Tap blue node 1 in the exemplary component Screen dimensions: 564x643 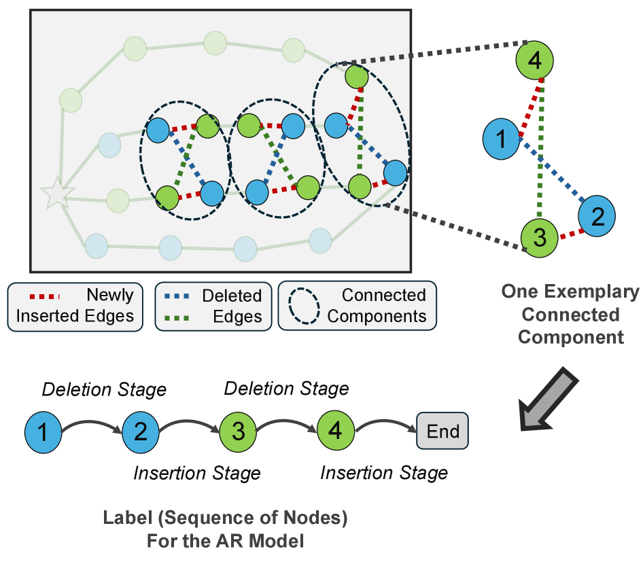click(501, 140)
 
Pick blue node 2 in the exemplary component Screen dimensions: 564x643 click(597, 217)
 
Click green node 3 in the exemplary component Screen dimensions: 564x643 click(540, 237)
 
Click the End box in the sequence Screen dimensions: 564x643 click(442, 431)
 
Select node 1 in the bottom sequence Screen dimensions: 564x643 click(43, 431)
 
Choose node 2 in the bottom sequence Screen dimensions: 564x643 click(140, 431)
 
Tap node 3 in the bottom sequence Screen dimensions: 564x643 click(238, 431)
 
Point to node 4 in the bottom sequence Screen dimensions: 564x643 click(335, 431)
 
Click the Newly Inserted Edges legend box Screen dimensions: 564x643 click(75, 305)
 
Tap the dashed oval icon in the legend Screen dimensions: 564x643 click(304, 306)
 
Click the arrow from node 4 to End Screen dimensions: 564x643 click(385, 423)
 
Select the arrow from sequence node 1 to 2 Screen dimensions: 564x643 click(92, 423)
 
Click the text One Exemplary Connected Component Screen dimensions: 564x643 click(570, 314)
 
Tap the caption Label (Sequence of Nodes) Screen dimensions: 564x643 click(225, 518)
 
